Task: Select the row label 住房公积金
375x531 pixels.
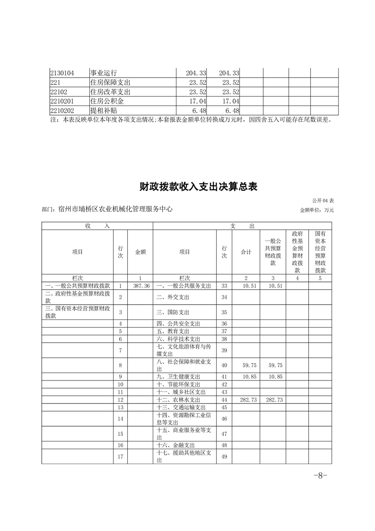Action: pyautogui.click(x=106, y=101)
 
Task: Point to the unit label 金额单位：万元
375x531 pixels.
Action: pyautogui.click(x=317, y=210)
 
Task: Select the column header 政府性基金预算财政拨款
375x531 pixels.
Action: pyautogui.click(x=297, y=252)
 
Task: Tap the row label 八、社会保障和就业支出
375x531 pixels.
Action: pyautogui.click(x=184, y=365)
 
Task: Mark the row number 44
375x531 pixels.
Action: pyautogui.click(x=224, y=400)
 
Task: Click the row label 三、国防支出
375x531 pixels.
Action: pyautogui.click(x=173, y=312)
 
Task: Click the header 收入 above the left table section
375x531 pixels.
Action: pyautogui.click(x=97, y=227)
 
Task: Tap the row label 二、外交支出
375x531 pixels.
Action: pyautogui.click(x=173, y=297)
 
